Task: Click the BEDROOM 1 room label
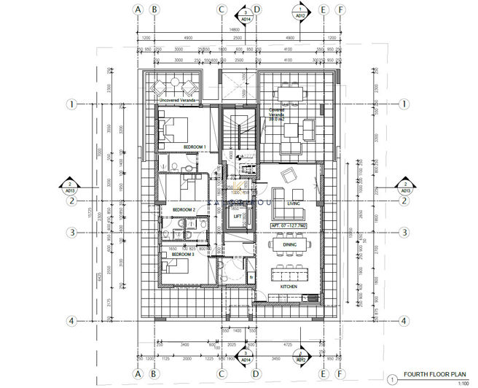(195, 147)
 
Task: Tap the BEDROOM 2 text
(184, 209)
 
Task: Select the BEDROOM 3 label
(183, 255)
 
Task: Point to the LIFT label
(238, 216)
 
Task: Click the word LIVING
(294, 203)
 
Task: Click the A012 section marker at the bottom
(300, 357)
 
